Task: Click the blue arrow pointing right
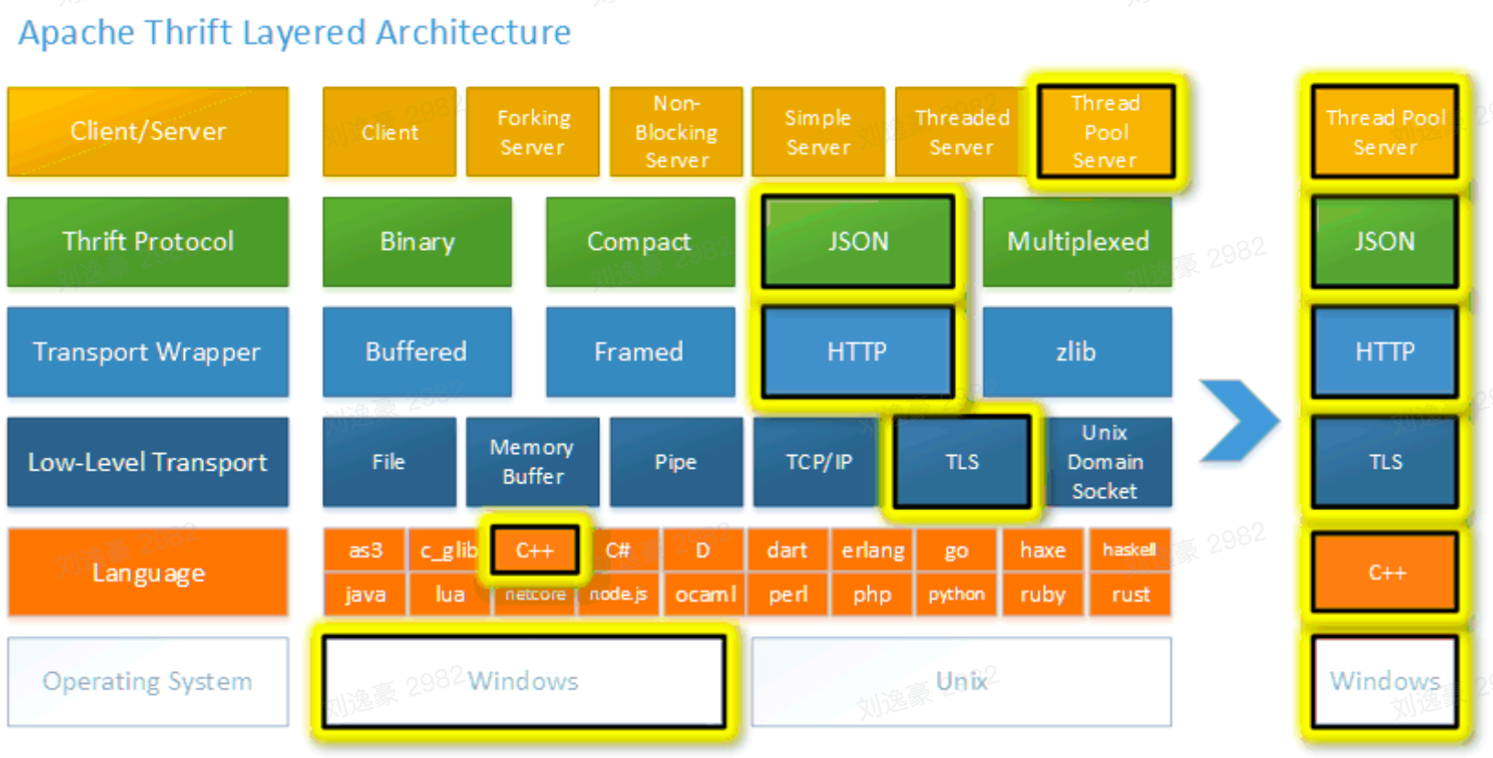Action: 1240,420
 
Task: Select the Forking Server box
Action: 532,132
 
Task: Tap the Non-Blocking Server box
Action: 676,132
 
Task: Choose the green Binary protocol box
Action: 417,242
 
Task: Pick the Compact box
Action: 639,242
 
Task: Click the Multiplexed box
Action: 1078,242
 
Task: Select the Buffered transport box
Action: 417,352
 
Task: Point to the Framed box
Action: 639,352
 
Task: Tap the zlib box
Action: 1077,352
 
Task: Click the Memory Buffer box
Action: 532,461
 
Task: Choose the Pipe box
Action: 676,461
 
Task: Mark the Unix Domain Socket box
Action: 1105,461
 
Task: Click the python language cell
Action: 957,595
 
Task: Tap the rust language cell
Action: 1131,595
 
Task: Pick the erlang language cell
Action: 873,550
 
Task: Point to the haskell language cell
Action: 1130,550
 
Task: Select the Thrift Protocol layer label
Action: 148,242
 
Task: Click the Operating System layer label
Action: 148,682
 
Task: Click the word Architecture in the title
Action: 473,33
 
